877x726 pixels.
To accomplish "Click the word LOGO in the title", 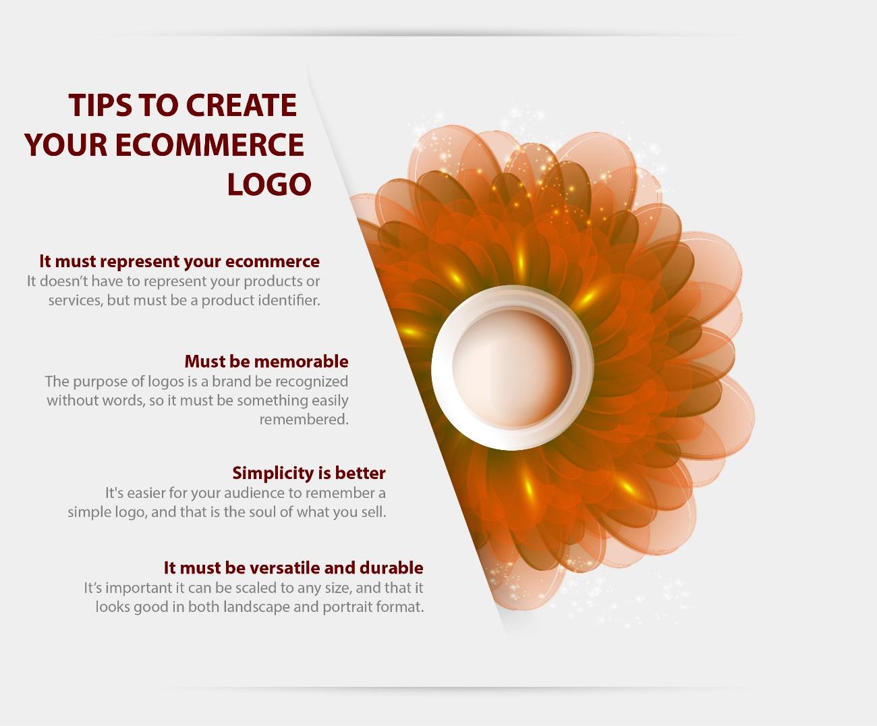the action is click(x=269, y=184).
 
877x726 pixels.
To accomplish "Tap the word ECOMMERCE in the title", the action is click(x=210, y=144).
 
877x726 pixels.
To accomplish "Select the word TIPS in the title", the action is click(x=100, y=105).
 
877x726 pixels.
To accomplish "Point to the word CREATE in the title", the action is click(x=241, y=105).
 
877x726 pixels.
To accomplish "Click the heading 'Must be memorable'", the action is click(x=266, y=362).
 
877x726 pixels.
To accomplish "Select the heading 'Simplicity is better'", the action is click(x=309, y=473).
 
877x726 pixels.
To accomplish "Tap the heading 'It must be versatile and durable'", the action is click(x=293, y=568).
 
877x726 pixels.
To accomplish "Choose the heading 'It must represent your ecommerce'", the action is click(x=179, y=262).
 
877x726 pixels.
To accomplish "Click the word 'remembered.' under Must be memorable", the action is click(x=304, y=419).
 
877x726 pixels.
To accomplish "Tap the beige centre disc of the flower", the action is click(x=512, y=368).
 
